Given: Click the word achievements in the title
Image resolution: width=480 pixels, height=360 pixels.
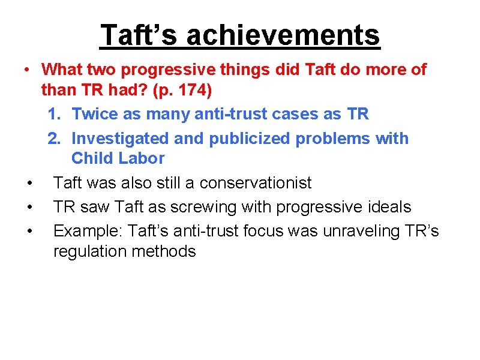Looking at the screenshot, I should [x=283, y=35].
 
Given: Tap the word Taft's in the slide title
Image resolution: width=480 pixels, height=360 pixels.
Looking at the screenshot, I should [x=140, y=35].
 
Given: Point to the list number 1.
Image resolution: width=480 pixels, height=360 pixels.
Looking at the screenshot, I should [x=53, y=114].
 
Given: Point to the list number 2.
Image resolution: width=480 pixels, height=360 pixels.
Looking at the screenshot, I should [x=53, y=139].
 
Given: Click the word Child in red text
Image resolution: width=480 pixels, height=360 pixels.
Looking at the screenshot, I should [x=90, y=158].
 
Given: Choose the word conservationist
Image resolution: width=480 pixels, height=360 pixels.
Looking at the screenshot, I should [x=256, y=182].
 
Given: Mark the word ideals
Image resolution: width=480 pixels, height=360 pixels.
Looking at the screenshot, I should [x=388, y=207].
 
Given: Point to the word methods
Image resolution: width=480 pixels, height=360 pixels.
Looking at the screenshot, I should [x=166, y=251].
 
